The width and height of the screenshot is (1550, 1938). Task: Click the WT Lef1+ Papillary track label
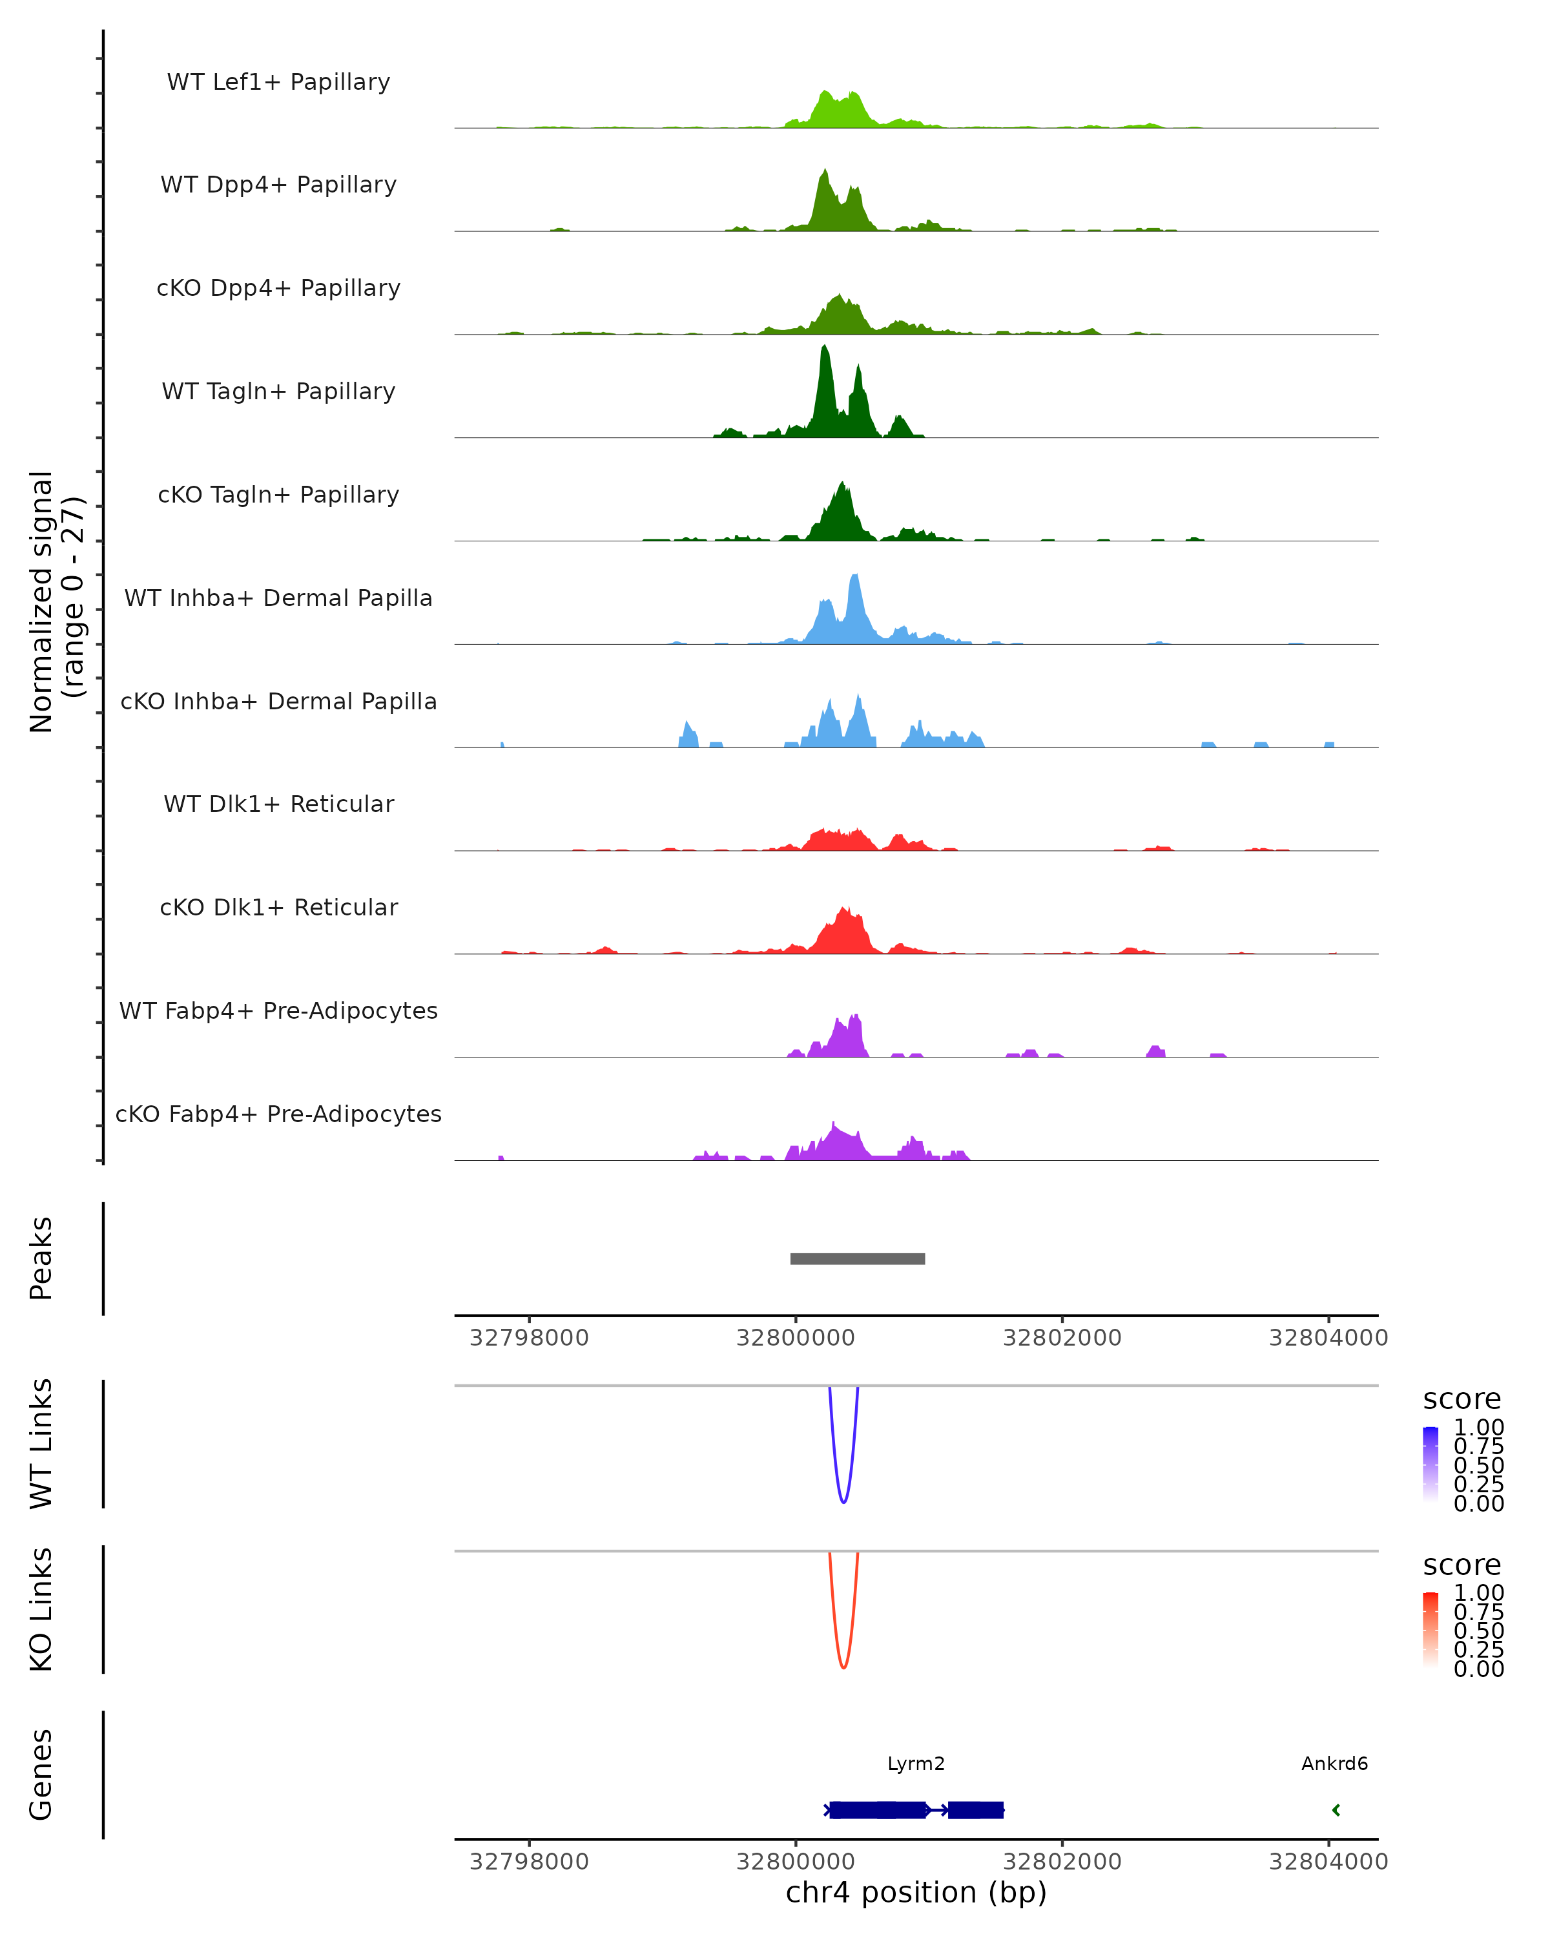coord(278,82)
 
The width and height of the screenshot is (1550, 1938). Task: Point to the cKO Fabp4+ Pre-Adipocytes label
coord(278,1114)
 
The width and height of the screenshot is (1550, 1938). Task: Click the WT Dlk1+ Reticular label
coord(278,804)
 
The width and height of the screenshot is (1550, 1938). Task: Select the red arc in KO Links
coord(843,1665)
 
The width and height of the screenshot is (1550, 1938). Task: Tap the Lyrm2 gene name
coord(916,1764)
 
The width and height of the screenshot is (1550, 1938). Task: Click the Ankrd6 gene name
coord(1334,1764)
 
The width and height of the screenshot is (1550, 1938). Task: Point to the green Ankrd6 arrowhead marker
coord(1336,1809)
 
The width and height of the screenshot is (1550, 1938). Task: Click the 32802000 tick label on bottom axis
coord(1062,1862)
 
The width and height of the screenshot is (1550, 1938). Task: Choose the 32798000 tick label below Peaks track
coord(529,1338)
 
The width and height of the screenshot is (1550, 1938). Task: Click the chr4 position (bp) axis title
coord(916,1893)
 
